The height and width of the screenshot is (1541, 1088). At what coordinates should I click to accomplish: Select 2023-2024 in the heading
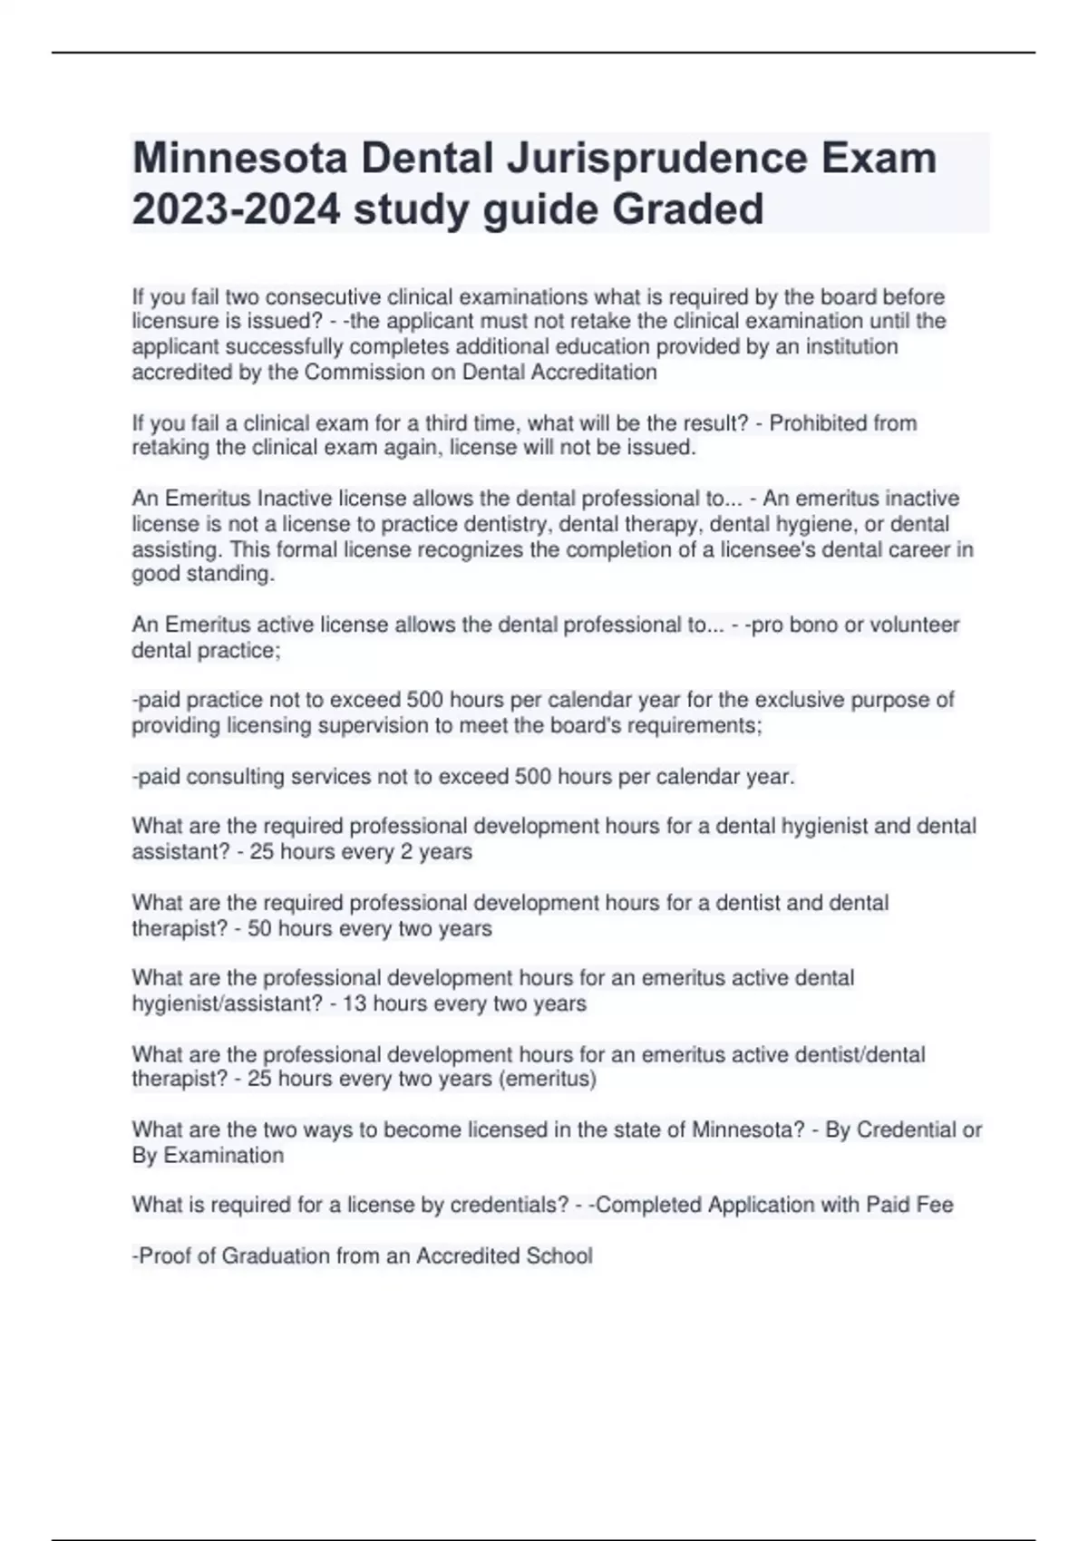(x=237, y=209)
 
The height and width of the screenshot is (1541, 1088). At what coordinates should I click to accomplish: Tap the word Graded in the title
(x=688, y=209)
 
